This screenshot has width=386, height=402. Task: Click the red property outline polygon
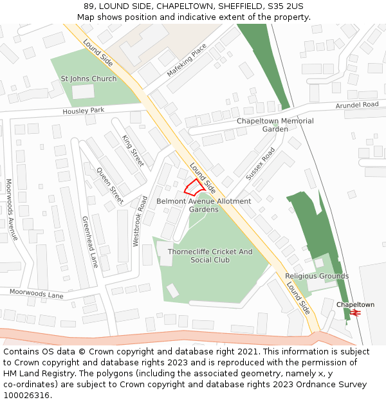point(192,187)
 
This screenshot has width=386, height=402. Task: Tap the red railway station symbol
point(355,313)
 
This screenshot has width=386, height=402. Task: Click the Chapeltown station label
point(355,304)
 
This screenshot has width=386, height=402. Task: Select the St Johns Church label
point(89,78)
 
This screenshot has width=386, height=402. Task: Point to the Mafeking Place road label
point(187,60)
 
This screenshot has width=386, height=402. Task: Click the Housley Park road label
point(83,111)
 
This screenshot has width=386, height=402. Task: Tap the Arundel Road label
point(357,104)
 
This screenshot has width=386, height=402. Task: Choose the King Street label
point(133,150)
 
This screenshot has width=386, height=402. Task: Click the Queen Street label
point(109,185)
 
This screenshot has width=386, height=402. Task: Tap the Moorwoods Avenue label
point(11,210)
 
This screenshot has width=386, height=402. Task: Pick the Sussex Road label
point(260,163)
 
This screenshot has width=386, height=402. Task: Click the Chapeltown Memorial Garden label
point(275,125)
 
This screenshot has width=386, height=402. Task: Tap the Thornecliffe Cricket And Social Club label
point(210,256)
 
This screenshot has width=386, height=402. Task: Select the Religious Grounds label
point(317,276)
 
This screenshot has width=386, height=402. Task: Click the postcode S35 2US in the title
point(282,6)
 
